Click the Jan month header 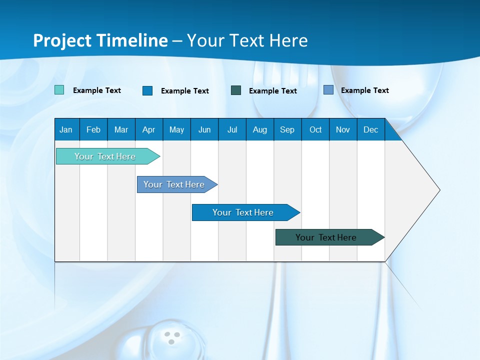point(66,129)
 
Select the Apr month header point(148,129)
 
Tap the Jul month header point(232,129)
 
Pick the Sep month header point(287,129)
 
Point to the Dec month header point(370,129)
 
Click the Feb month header point(93,129)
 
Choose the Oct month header point(315,129)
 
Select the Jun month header point(204,129)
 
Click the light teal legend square point(59,90)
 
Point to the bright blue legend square point(147,90)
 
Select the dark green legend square point(236,90)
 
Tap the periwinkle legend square point(328,90)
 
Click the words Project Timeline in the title point(100,40)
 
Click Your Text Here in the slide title point(247,40)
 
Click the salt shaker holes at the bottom point(171,337)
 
